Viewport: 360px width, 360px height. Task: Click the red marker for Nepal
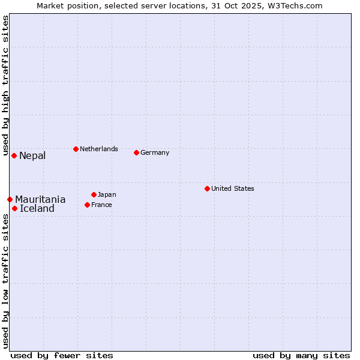pyautogui.click(x=14, y=155)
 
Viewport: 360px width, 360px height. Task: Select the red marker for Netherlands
pyautogui.click(x=76, y=149)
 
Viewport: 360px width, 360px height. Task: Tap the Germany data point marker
pyautogui.click(x=136, y=152)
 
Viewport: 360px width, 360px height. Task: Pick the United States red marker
pyautogui.click(x=207, y=188)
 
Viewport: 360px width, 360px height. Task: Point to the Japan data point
pyautogui.click(x=94, y=194)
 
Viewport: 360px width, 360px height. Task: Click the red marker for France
pyautogui.click(x=87, y=205)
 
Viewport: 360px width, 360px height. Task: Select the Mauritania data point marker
pyautogui.click(x=10, y=199)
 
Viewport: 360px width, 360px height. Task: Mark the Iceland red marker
pyautogui.click(x=14, y=208)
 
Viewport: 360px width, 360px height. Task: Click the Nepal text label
pyautogui.click(x=32, y=156)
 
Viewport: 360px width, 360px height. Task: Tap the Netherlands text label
pyautogui.click(x=99, y=149)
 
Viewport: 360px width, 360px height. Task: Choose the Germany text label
pyautogui.click(x=155, y=152)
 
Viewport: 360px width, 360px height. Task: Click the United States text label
pyautogui.click(x=233, y=188)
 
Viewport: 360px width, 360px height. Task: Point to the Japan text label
pyautogui.click(x=107, y=194)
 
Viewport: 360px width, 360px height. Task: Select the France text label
pyautogui.click(x=101, y=205)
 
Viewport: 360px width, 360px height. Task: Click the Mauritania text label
pyautogui.click(x=40, y=200)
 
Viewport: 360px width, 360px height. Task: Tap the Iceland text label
pyautogui.click(x=37, y=209)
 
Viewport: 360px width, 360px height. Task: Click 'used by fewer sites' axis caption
pyautogui.click(x=62, y=355)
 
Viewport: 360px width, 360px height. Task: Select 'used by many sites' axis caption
pyautogui.click(x=301, y=355)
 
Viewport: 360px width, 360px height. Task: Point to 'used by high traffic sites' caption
pyautogui.click(x=5, y=84)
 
